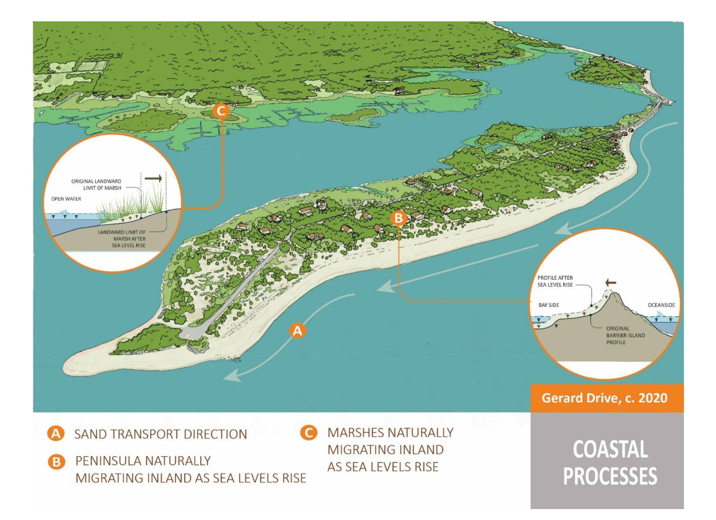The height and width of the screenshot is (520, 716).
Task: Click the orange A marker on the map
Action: coord(297,331)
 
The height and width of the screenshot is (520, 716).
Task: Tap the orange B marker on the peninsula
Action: coord(399,218)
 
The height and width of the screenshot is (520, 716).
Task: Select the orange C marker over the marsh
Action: coord(221,111)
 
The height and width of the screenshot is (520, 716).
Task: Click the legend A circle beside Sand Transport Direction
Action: coord(56,434)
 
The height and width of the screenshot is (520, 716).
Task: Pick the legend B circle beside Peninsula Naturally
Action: coord(56,462)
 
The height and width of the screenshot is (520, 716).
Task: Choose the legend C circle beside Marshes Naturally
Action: coord(308,433)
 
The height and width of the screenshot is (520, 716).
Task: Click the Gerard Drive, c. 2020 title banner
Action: coord(604,398)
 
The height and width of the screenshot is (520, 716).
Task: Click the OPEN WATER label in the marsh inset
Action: coord(66,199)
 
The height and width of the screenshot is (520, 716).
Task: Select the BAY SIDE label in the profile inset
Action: coord(549,305)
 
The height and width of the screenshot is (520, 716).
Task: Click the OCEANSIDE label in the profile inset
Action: coord(661,305)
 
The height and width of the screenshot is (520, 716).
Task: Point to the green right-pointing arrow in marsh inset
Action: coord(153,179)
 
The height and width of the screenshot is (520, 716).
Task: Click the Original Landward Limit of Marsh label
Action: coord(96,185)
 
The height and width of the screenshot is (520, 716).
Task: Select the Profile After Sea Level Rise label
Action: coord(555,281)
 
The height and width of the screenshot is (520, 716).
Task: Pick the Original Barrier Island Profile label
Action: coord(621,335)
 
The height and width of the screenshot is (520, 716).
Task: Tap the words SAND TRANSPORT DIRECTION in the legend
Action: coord(160,434)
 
